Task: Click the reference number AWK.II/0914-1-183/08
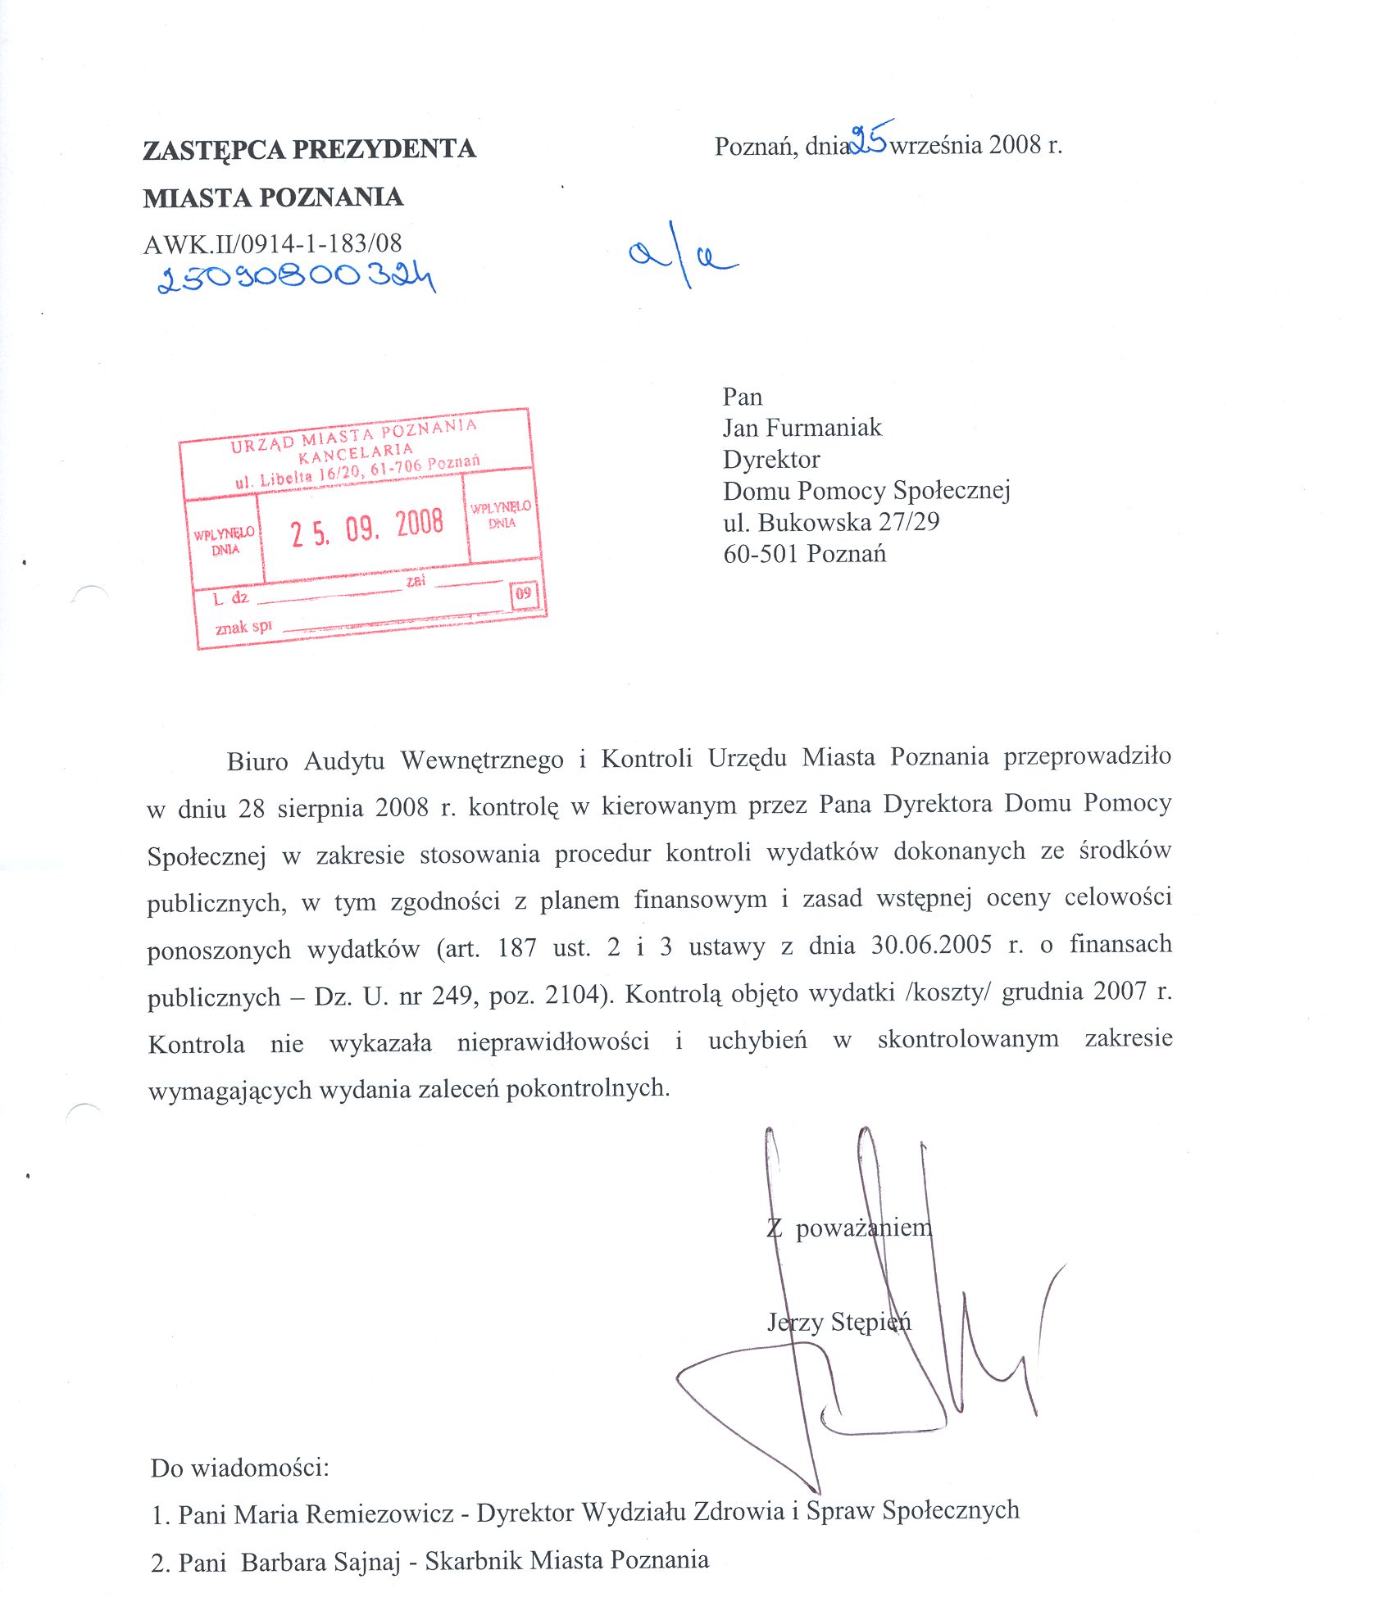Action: click(x=272, y=243)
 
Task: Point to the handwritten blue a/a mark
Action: click(x=683, y=255)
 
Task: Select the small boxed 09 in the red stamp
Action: click(x=524, y=593)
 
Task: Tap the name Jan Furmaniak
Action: click(x=802, y=428)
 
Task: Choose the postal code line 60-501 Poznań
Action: click(x=804, y=554)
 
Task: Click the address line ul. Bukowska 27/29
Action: click(x=830, y=522)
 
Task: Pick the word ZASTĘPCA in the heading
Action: click(x=214, y=150)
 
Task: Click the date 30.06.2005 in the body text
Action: click(x=931, y=945)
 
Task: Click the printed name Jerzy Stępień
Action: click(x=838, y=1322)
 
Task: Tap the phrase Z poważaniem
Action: click(x=849, y=1228)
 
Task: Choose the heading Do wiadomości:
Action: click(x=239, y=1467)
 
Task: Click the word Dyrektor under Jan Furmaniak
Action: click(x=770, y=460)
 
